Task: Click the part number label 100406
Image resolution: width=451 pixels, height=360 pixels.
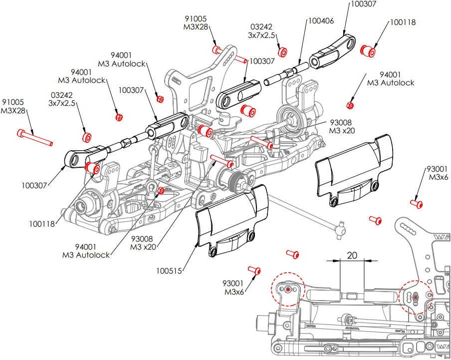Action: [x=321, y=21]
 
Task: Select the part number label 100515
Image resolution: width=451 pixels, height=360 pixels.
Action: [x=169, y=271]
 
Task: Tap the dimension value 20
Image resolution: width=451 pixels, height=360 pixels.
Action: [x=352, y=255]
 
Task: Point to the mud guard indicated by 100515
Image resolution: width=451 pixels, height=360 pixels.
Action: [x=231, y=220]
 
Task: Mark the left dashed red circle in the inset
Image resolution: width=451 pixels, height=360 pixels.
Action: [x=287, y=289]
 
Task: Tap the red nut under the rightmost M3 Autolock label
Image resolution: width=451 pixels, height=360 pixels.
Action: [x=350, y=105]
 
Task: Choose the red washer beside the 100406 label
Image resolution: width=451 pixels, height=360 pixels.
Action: [x=282, y=51]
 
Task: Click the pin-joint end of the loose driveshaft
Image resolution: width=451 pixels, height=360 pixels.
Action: [x=341, y=230]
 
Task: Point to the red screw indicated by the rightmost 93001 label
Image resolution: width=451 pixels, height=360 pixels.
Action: [x=416, y=203]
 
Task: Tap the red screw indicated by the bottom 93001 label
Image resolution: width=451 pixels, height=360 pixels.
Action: [x=257, y=271]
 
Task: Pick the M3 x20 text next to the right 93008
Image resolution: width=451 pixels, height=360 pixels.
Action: [x=342, y=130]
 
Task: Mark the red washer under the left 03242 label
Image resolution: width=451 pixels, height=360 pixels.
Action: [x=86, y=136]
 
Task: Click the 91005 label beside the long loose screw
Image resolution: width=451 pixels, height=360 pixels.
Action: [x=12, y=102]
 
